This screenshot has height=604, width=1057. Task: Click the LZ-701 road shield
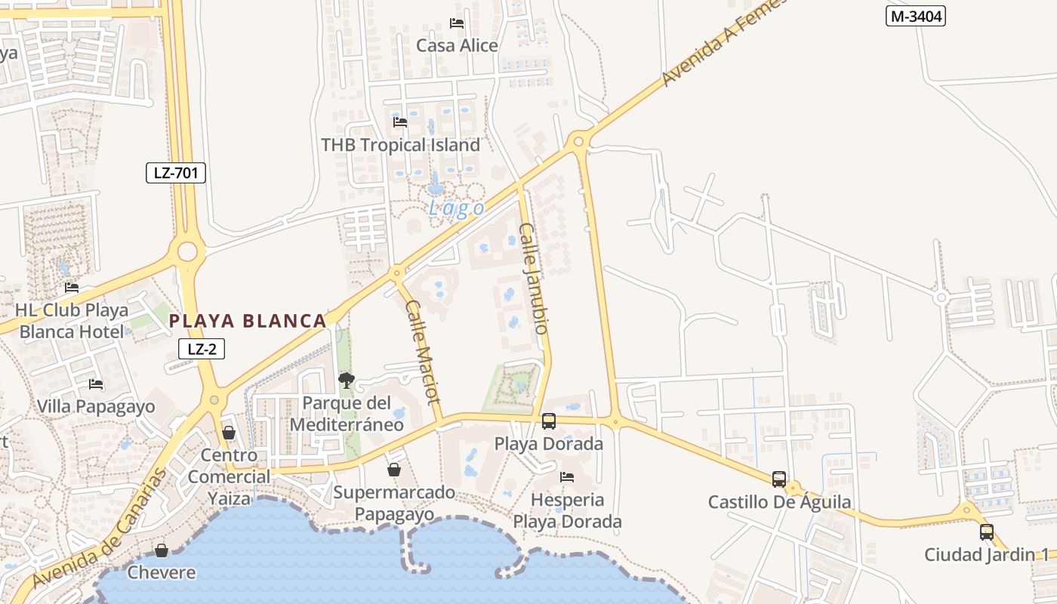click(x=176, y=173)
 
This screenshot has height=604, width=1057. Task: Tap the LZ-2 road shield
click(x=202, y=349)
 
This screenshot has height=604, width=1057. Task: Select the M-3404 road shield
click(x=916, y=16)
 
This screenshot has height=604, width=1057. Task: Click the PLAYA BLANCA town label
click(x=248, y=321)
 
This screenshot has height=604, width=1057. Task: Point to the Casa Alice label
click(x=458, y=45)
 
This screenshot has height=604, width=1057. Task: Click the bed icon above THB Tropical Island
click(x=400, y=122)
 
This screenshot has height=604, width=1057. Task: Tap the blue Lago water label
click(x=457, y=208)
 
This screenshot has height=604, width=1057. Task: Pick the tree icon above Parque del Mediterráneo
click(x=347, y=381)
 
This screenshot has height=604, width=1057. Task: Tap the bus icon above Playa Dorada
click(x=549, y=421)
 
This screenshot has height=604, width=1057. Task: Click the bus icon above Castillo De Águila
click(x=779, y=479)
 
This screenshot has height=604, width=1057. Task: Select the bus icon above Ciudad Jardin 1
click(x=987, y=532)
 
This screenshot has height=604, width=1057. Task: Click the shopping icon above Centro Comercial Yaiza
click(x=229, y=433)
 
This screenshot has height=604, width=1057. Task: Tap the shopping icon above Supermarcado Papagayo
click(x=394, y=470)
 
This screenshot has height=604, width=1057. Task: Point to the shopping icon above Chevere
click(x=162, y=550)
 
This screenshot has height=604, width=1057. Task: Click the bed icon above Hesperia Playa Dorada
click(x=567, y=477)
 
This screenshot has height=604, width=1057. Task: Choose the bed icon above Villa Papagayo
click(x=96, y=384)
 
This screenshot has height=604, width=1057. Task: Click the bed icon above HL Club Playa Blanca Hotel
click(x=72, y=288)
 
